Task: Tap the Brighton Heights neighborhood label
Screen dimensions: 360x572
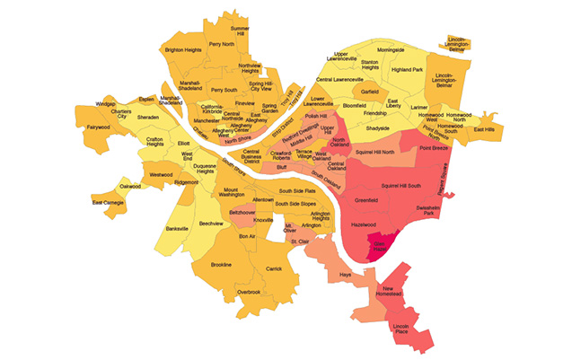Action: (181, 50)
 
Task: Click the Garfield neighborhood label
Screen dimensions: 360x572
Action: (369, 92)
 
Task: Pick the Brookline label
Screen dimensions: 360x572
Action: (221, 265)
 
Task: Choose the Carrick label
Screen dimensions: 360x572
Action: (274, 268)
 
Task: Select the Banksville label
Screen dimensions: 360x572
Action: (177, 229)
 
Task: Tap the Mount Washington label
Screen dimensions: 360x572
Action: (231, 194)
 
